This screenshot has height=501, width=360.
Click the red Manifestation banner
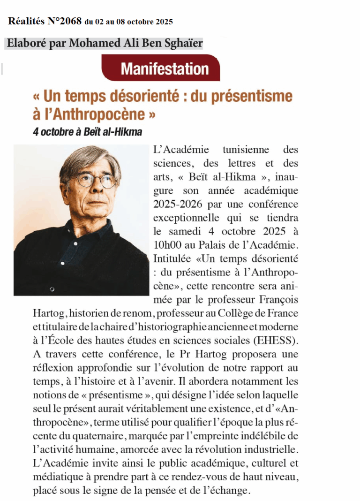click(161, 68)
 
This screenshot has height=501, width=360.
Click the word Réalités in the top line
click(26, 21)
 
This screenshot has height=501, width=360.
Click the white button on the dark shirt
click(52, 289)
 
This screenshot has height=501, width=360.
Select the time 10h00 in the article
click(168, 245)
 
